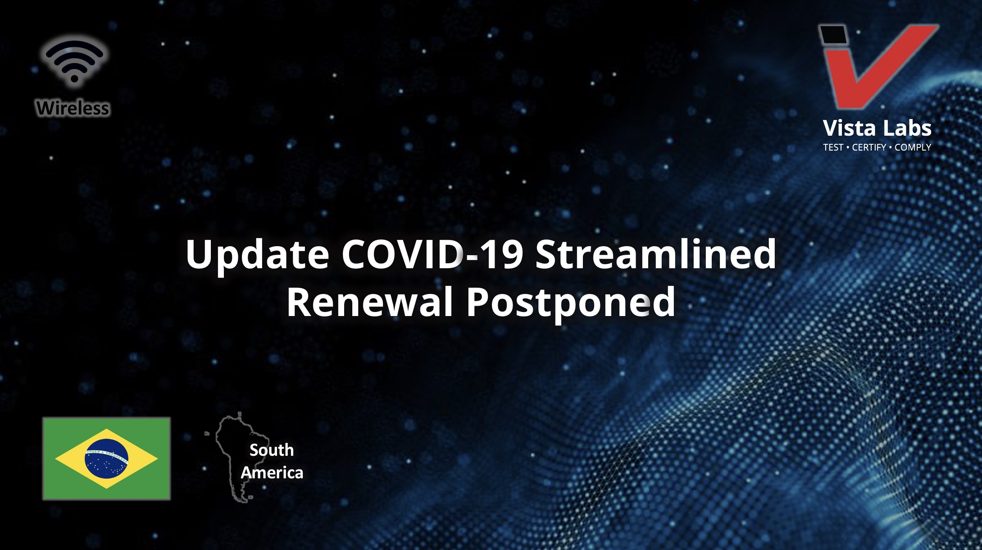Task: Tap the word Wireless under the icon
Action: (73, 108)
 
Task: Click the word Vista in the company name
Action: (847, 128)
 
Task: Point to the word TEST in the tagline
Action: (833, 147)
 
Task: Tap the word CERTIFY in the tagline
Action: (869, 147)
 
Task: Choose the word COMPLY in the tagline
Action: (913, 147)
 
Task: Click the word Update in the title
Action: (257, 255)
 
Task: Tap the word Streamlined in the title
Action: (656, 254)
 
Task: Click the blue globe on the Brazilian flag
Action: (106, 458)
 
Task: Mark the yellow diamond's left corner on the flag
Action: (56, 458)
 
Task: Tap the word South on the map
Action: (272, 450)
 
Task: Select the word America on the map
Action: (272, 472)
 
